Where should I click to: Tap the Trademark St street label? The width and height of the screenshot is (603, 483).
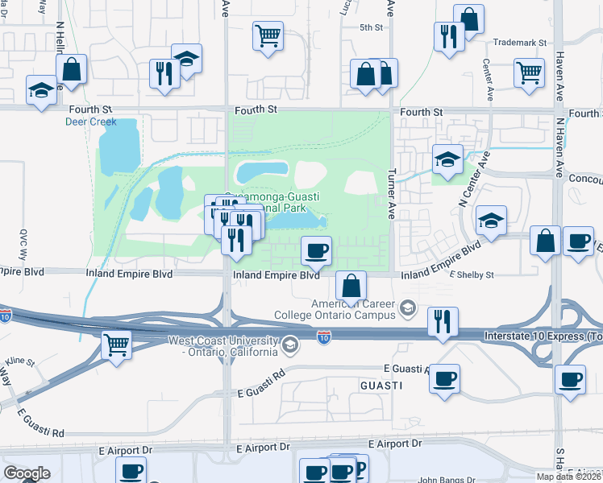[519, 42]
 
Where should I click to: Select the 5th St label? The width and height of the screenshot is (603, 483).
[371, 27]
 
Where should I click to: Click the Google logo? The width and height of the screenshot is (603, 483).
[27, 473]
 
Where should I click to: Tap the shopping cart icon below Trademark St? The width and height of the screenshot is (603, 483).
[529, 72]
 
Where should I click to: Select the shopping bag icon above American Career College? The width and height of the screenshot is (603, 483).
[351, 285]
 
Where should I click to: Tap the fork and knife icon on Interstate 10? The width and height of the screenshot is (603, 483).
[443, 321]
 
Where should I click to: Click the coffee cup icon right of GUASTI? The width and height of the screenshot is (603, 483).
[444, 378]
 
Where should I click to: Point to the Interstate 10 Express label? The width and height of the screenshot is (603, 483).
[542, 335]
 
